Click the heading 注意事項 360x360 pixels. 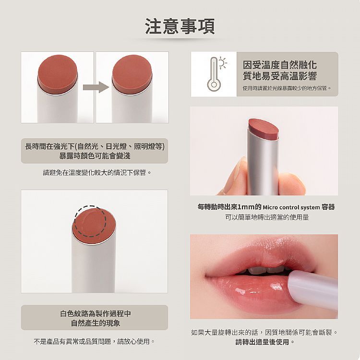(x=180, y=26)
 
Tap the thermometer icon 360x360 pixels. (x=214, y=74)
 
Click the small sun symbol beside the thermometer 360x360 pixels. (x=222, y=62)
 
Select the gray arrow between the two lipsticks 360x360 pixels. (x=96, y=87)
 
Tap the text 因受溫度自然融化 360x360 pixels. (x=280, y=65)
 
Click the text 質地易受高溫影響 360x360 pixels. (x=280, y=76)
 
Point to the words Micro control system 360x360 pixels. (x=291, y=207)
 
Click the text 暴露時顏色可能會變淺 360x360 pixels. (x=95, y=156)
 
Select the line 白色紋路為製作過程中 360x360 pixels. (x=96, y=313)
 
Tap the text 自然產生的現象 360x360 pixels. (x=96, y=323)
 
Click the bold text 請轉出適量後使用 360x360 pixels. (x=262, y=342)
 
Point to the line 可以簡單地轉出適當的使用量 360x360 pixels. (x=267, y=217)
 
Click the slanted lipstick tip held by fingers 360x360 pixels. (x=264, y=128)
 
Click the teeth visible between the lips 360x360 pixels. (x=266, y=269)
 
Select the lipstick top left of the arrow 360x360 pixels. (x=58, y=74)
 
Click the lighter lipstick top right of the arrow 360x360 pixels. (x=132, y=74)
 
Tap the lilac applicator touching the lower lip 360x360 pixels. (x=312, y=290)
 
